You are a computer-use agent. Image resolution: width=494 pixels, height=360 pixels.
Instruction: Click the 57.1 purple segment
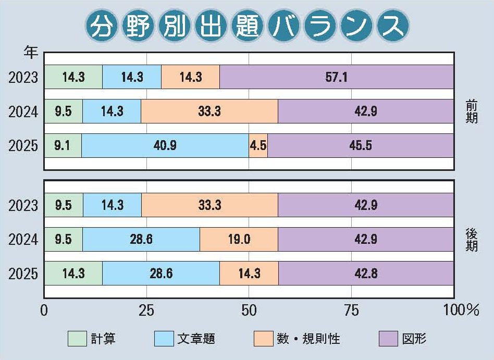(x=336, y=77)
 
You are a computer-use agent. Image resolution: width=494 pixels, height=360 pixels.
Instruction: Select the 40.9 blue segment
(x=165, y=145)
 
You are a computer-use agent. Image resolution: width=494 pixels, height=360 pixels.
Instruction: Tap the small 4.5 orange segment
(x=258, y=145)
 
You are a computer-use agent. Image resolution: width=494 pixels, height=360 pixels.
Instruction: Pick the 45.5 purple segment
(x=360, y=145)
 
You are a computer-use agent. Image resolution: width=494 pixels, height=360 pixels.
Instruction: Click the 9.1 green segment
(x=63, y=145)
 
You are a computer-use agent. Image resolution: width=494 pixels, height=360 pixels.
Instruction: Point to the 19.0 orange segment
(x=239, y=240)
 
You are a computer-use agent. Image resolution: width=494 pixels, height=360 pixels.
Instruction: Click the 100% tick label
(x=461, y=311)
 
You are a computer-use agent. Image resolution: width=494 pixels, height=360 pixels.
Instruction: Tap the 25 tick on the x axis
(x=146, y=311)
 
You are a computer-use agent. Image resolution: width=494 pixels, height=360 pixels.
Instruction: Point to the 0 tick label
(x=44, y=311)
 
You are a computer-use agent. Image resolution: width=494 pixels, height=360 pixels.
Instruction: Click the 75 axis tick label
(x=352, y=311)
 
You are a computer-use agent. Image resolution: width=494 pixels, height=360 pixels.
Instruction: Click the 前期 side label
(x=472, y=111)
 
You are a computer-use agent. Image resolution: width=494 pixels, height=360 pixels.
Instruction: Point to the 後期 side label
(x=472, y=240)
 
